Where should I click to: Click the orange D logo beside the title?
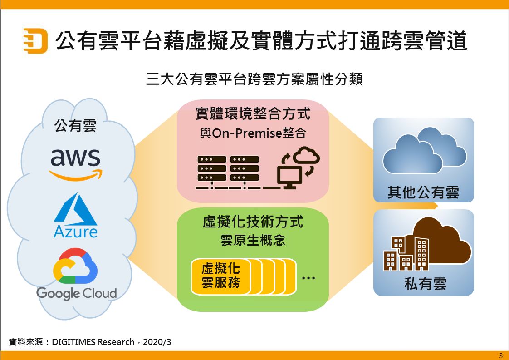(35, 41)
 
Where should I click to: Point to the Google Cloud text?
(76, 293)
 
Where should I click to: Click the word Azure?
(75, 232)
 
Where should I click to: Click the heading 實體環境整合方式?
(253, 113)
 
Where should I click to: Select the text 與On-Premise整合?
(253, 133)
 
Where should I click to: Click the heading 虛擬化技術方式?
(253, 222)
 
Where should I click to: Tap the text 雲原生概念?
(253, 240)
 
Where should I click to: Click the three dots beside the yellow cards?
(308, 277)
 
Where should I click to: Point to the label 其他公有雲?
(423, 192)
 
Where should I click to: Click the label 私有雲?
(425, 284)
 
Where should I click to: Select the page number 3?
(501, 355)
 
